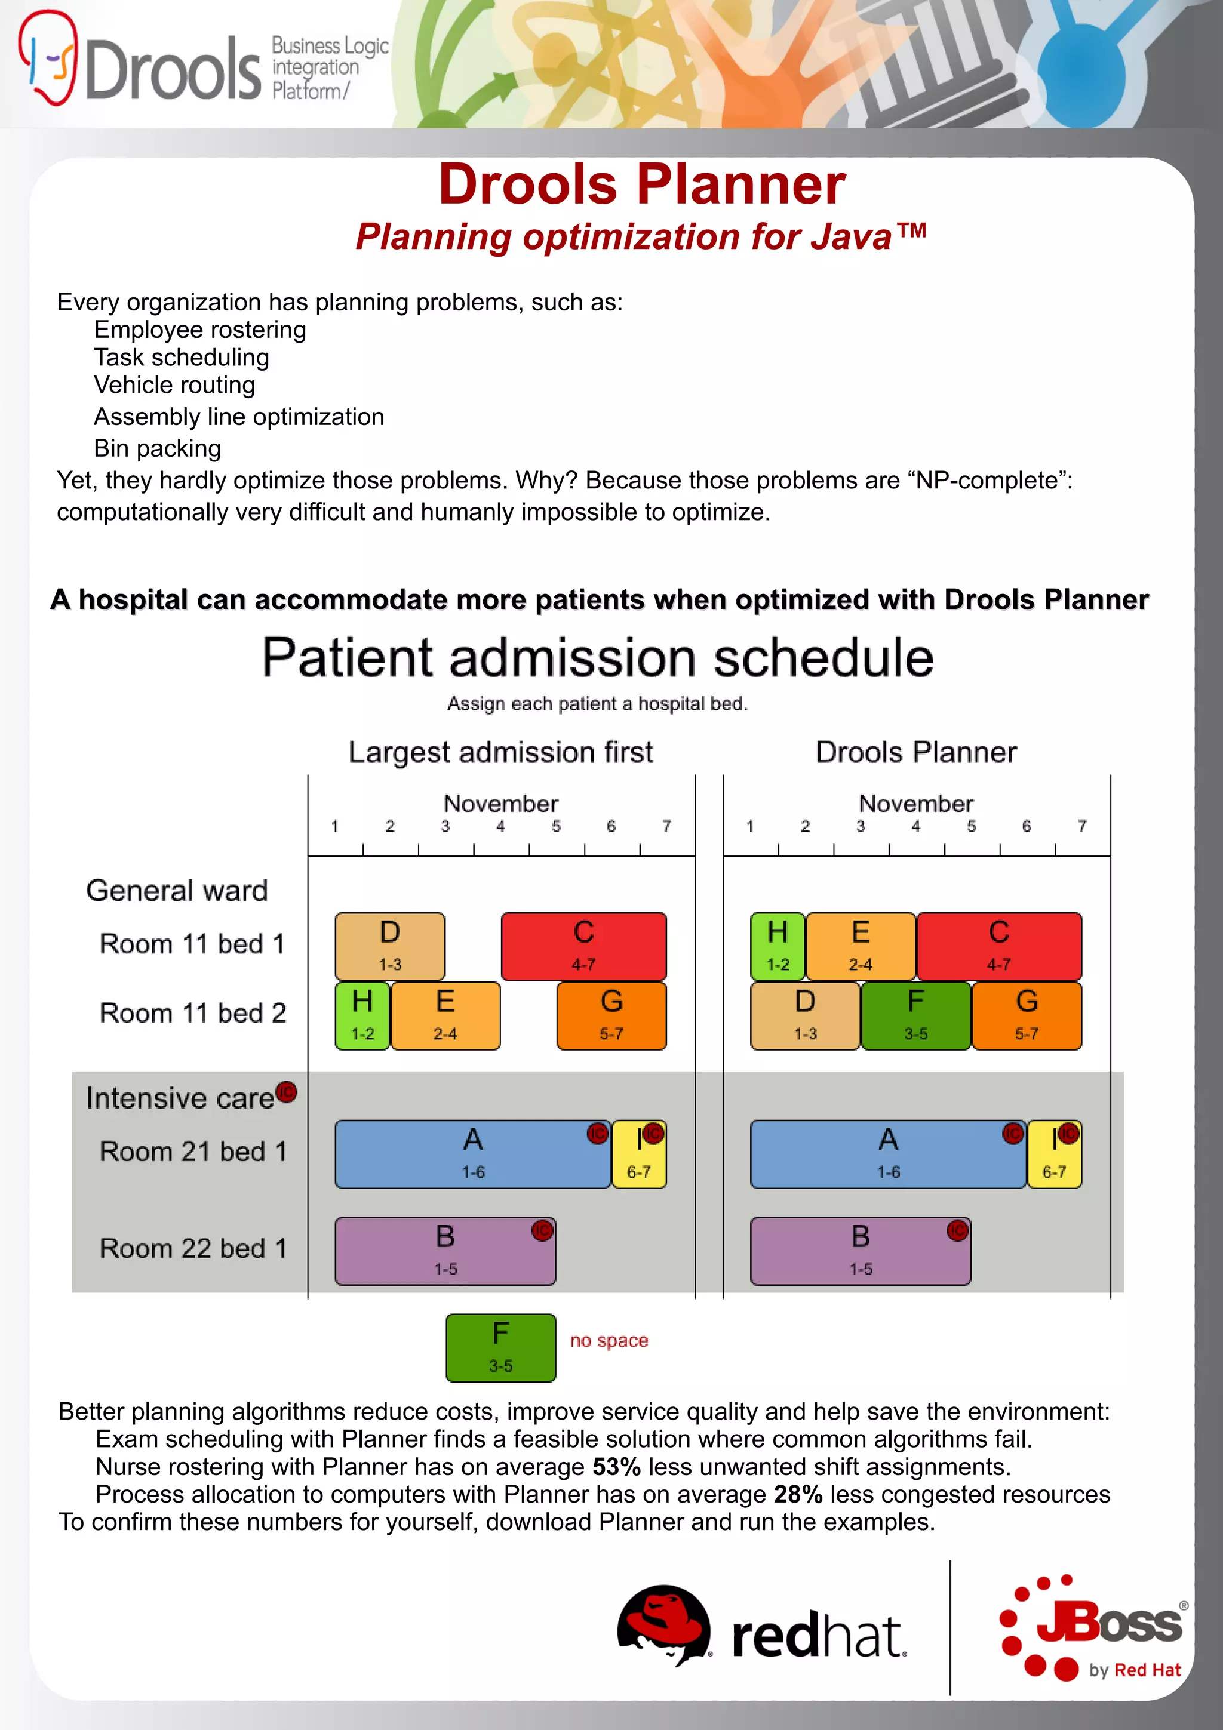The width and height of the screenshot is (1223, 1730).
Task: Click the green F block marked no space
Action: [500, 1347]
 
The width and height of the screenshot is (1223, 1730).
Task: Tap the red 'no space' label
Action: [609, 1340]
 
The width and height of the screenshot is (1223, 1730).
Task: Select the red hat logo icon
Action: [663, 1624]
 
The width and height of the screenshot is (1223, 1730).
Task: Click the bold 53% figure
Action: [616, 1466]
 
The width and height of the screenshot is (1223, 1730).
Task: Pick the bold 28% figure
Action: [797, 1494]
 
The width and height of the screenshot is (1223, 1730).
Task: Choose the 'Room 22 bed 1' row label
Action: [193, 1248]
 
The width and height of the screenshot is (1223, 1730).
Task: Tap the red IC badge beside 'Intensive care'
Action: [287, 1092]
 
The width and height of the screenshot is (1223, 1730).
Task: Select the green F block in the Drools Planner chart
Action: [915, 1015]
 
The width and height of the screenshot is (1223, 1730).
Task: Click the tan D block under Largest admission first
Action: [389, 946]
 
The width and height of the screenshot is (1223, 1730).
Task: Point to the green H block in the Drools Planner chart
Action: [778, 946]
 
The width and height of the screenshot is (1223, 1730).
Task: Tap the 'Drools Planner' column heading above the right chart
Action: [915, 752]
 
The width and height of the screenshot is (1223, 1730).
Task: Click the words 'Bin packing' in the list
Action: [158, 448]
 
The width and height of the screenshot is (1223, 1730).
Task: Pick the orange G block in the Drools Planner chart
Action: [1027, 1015]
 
